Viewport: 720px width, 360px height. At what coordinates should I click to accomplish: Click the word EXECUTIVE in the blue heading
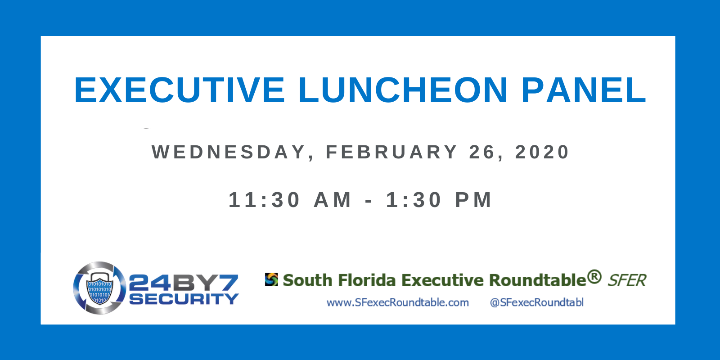pyautogui.click(x=180, y=90)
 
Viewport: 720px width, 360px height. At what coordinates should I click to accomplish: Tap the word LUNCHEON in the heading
pyautogui.click(x=403, y=90)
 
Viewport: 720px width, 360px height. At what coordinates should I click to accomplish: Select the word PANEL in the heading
pyautogui.click(x=584, y=90)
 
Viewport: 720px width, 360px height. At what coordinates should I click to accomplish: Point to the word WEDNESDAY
pyautogui.click(x=228, y=152)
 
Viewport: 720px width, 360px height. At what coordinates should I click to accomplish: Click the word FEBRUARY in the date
pyautogui.click(x=391, y=152)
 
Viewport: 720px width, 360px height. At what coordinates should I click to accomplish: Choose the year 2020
pyautogui.click(x=542, y=152)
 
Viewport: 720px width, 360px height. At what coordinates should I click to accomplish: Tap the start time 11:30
pyautogui.click(x=264, y=200)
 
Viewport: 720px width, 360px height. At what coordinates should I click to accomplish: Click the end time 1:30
pyautogui.click(x=414, y=200)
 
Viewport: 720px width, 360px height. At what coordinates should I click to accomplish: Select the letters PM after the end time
pyautogui.click(x=473, y=200)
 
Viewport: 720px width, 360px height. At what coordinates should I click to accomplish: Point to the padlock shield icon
pyautogui.click(x=99, y=288)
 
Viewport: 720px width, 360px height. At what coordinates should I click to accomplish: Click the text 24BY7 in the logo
pyautogui.click(x=184, y=283)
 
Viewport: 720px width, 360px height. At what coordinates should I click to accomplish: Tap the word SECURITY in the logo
pyautogui.click(x=184, y=299)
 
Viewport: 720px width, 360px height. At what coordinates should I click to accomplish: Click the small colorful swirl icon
pyautogui.click(x=271, y=279)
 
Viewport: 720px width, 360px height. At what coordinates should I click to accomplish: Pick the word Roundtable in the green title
pyautogui.click(x=538, y=280)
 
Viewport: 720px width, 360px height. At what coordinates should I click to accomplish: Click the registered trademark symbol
pyautogui.click(x=594, y=276)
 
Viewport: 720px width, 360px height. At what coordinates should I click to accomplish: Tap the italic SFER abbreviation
pyautogui.click(x=627, y=280)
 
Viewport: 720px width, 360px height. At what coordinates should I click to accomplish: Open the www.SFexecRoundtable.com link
pyautogui.click(x=398, y=302)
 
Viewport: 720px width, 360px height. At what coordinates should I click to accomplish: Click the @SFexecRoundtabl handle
pyautogui.click(x=536, y=302)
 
